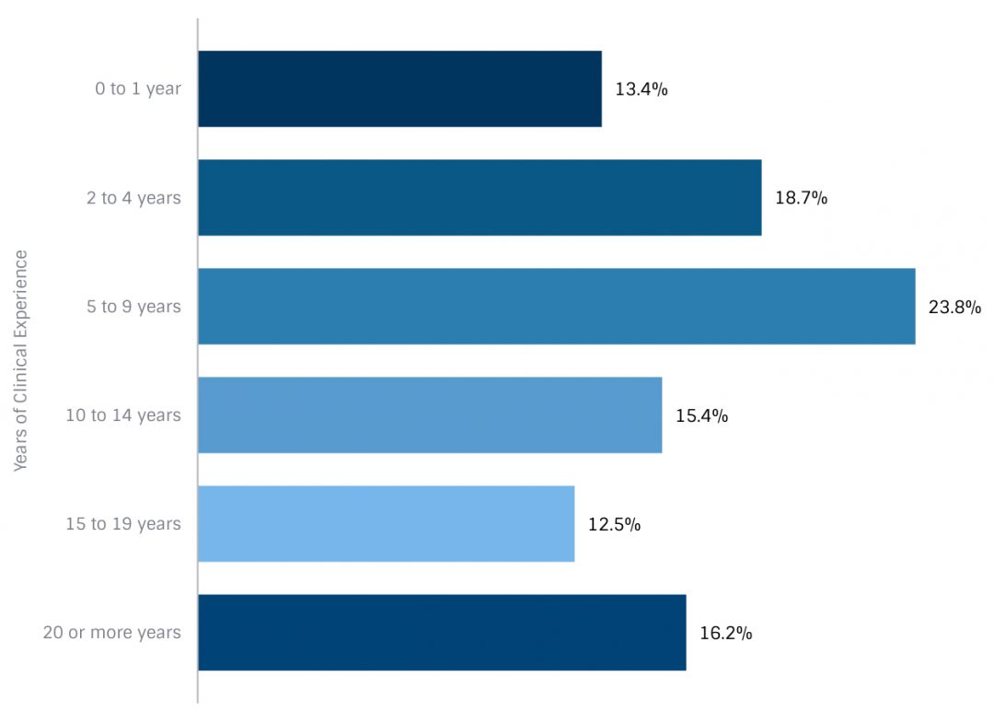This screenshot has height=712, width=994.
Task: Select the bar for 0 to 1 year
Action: click(399, 88)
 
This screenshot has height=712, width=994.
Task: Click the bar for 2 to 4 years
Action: click(480, 197)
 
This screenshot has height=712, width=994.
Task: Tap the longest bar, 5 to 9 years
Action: click(556, 306)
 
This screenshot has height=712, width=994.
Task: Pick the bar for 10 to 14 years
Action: click(430, 414)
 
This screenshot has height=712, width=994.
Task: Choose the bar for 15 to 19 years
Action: click(386, 523)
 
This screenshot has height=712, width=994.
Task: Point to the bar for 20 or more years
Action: click(442, 632)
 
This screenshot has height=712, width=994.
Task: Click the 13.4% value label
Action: click(641, 89)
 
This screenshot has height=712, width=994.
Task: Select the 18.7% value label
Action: click(801, 198)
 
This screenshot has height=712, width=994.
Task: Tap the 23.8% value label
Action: click(954, 307)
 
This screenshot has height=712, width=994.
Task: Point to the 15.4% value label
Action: click(701, 415)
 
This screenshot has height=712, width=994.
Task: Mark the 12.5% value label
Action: click(614, 524)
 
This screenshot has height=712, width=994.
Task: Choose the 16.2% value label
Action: click(725, 633)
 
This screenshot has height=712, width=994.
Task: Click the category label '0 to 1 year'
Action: click(138, 89)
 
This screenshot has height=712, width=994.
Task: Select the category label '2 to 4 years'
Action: click(133, 198)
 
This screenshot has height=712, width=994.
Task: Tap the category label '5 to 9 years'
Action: click(133, 307)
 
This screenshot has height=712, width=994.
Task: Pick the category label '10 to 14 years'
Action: click(123, 415)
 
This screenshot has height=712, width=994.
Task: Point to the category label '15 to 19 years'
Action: click(123, 524)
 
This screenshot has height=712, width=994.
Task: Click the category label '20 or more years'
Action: click(112, 633)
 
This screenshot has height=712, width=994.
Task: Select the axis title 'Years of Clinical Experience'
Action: click(21, 360)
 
